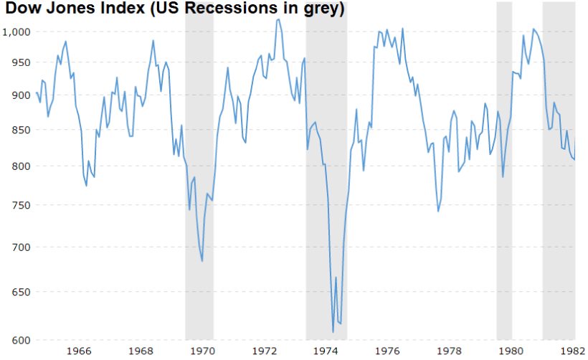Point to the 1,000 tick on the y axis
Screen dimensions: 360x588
coord(16,32)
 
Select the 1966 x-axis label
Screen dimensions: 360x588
coord(79,351)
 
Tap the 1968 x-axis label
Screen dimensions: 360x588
coord(141,351)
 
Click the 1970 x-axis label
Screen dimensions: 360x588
coord(203,351)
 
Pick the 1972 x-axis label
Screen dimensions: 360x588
coord(265,351)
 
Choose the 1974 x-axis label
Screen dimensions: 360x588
coord(326,351)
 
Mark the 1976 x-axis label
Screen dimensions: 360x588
coord(388,351)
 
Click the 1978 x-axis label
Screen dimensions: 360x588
coord(450,351)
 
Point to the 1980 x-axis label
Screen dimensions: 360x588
coord(511,351)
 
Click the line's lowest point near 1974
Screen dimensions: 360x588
coord(333,331)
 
